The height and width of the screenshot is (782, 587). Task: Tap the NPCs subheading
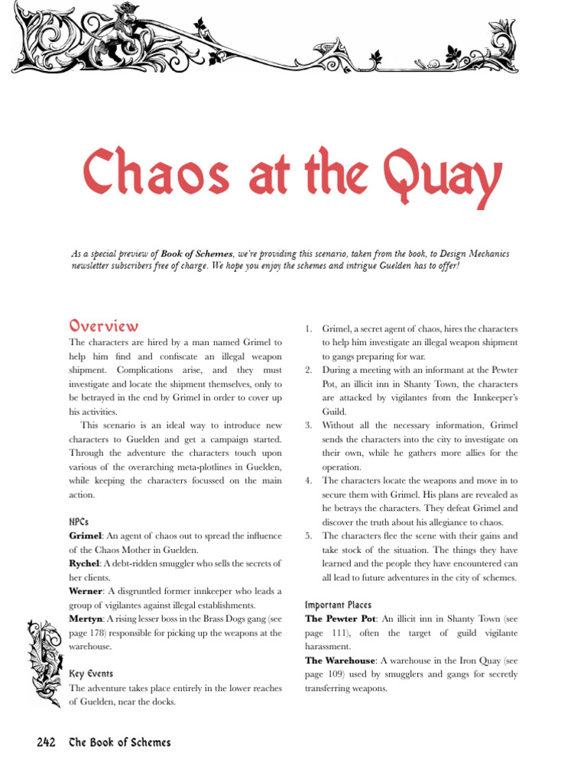tap(80, 522)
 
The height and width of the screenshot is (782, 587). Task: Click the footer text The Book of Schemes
tap(120, 743)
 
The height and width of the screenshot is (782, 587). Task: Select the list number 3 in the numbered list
tap(308, 425)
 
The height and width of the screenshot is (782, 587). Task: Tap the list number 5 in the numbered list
tap(308, 536)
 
